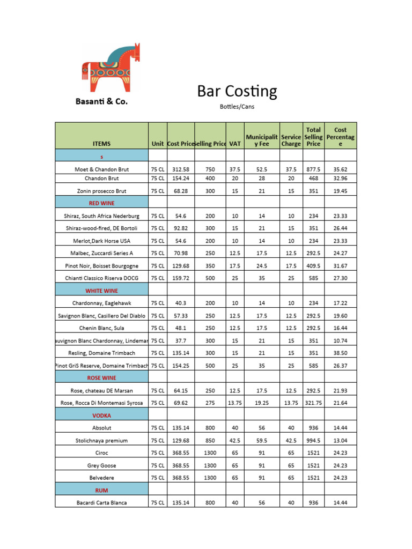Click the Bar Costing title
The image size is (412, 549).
click(x=237, y=92)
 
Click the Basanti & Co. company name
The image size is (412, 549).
click(x=101, y=101)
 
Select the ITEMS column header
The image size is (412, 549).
click(x=101, y=144)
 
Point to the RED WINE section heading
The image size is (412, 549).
click(x=101, y=203)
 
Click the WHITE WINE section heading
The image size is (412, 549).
click(x=101, y=291)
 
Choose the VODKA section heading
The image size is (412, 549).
click(x=101, y=416)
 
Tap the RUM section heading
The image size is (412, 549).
click(x=101, y=490)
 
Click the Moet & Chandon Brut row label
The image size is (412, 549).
click(x=101, y=169)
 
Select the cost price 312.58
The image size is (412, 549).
click(x=181, y=169)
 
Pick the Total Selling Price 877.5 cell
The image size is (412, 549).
click(x=314, y=169)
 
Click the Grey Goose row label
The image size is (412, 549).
click(x=101, y=465)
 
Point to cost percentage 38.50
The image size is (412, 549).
click(x=341, y=353)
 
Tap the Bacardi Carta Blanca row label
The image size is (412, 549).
click(x=101, y=503)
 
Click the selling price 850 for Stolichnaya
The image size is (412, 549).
click(x=210, y=441)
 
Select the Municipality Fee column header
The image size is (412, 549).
click(x=261, y=140)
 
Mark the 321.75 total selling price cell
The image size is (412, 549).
click(x=314, y=403)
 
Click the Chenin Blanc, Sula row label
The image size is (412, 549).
click(x=101, y=328)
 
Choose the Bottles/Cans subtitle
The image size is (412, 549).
click(x=237, y=107)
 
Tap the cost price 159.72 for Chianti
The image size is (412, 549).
click(x=181, y=278)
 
